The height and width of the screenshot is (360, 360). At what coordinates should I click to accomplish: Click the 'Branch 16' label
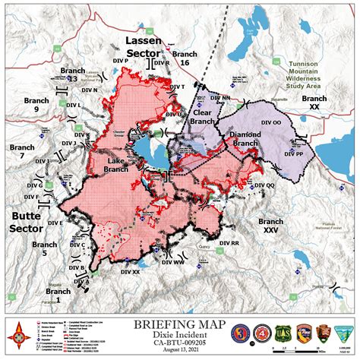coord(185,59)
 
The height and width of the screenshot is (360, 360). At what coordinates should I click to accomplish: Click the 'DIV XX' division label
coord(130,271)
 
